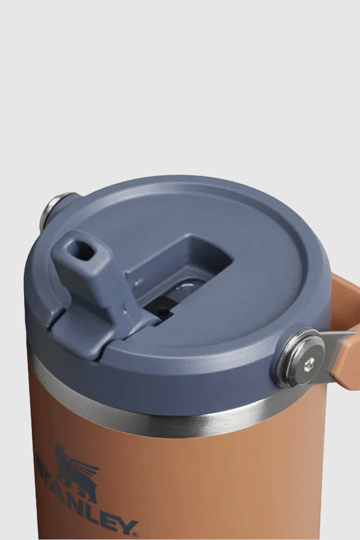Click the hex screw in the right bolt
(309, 363)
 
